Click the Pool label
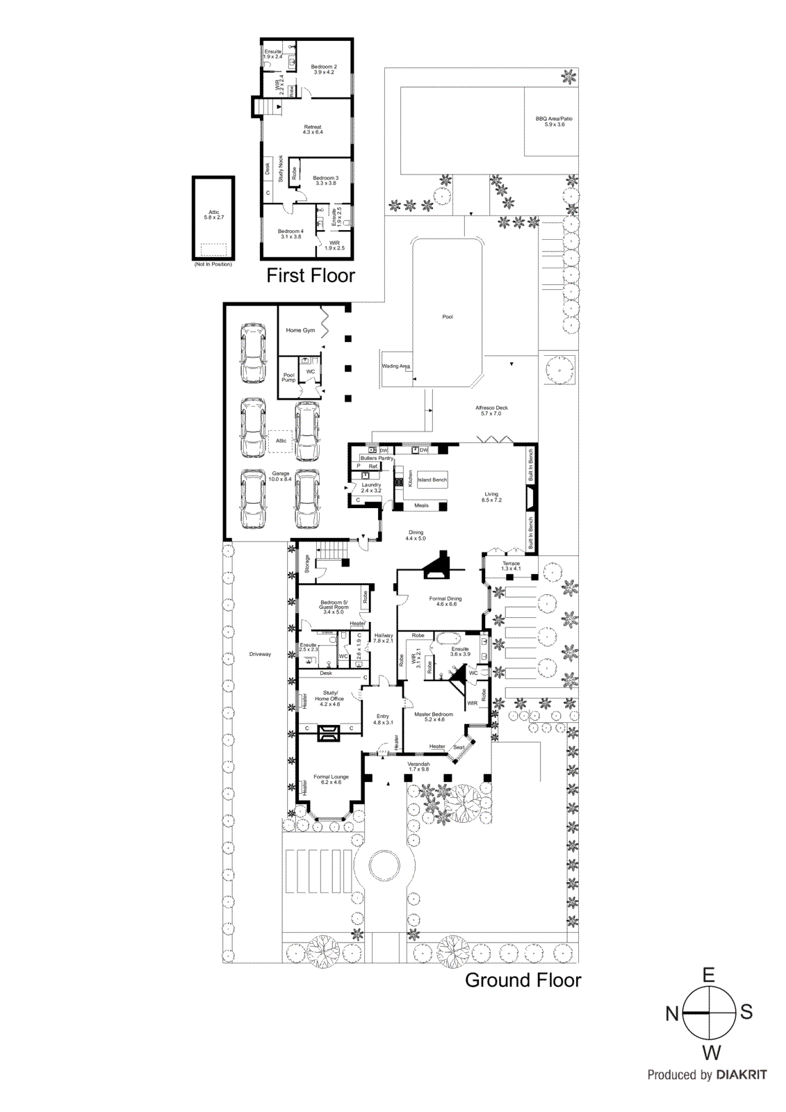tap(448, 317)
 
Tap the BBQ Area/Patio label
tap(554, 122)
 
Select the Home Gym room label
tap(300, 331)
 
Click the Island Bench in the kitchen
tap(432, 480)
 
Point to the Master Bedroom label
tap(434, 717)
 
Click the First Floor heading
tap(311, 276)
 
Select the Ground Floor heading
tap(523, 981)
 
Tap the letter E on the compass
tap(708, 975)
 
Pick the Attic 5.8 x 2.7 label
tap(214, 215)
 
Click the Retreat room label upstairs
tap(313, 129)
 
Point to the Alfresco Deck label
tap(491, 411)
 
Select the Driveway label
tap(260, 654)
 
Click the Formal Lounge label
tap(331, 779)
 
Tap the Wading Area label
tap(395, 366)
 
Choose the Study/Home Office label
tap(329, 698)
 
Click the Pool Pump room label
tap(288, 377)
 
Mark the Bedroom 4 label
tap(290, 234)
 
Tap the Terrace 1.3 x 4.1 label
tap(511, 566)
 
